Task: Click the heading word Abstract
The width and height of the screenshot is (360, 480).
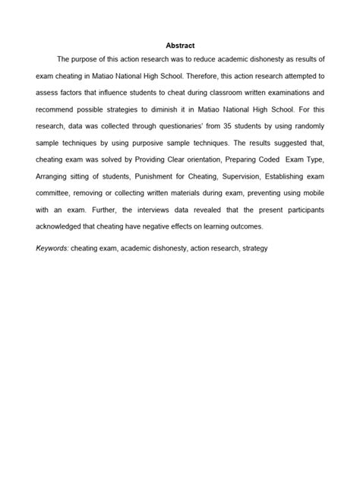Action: (x=180, y=46)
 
